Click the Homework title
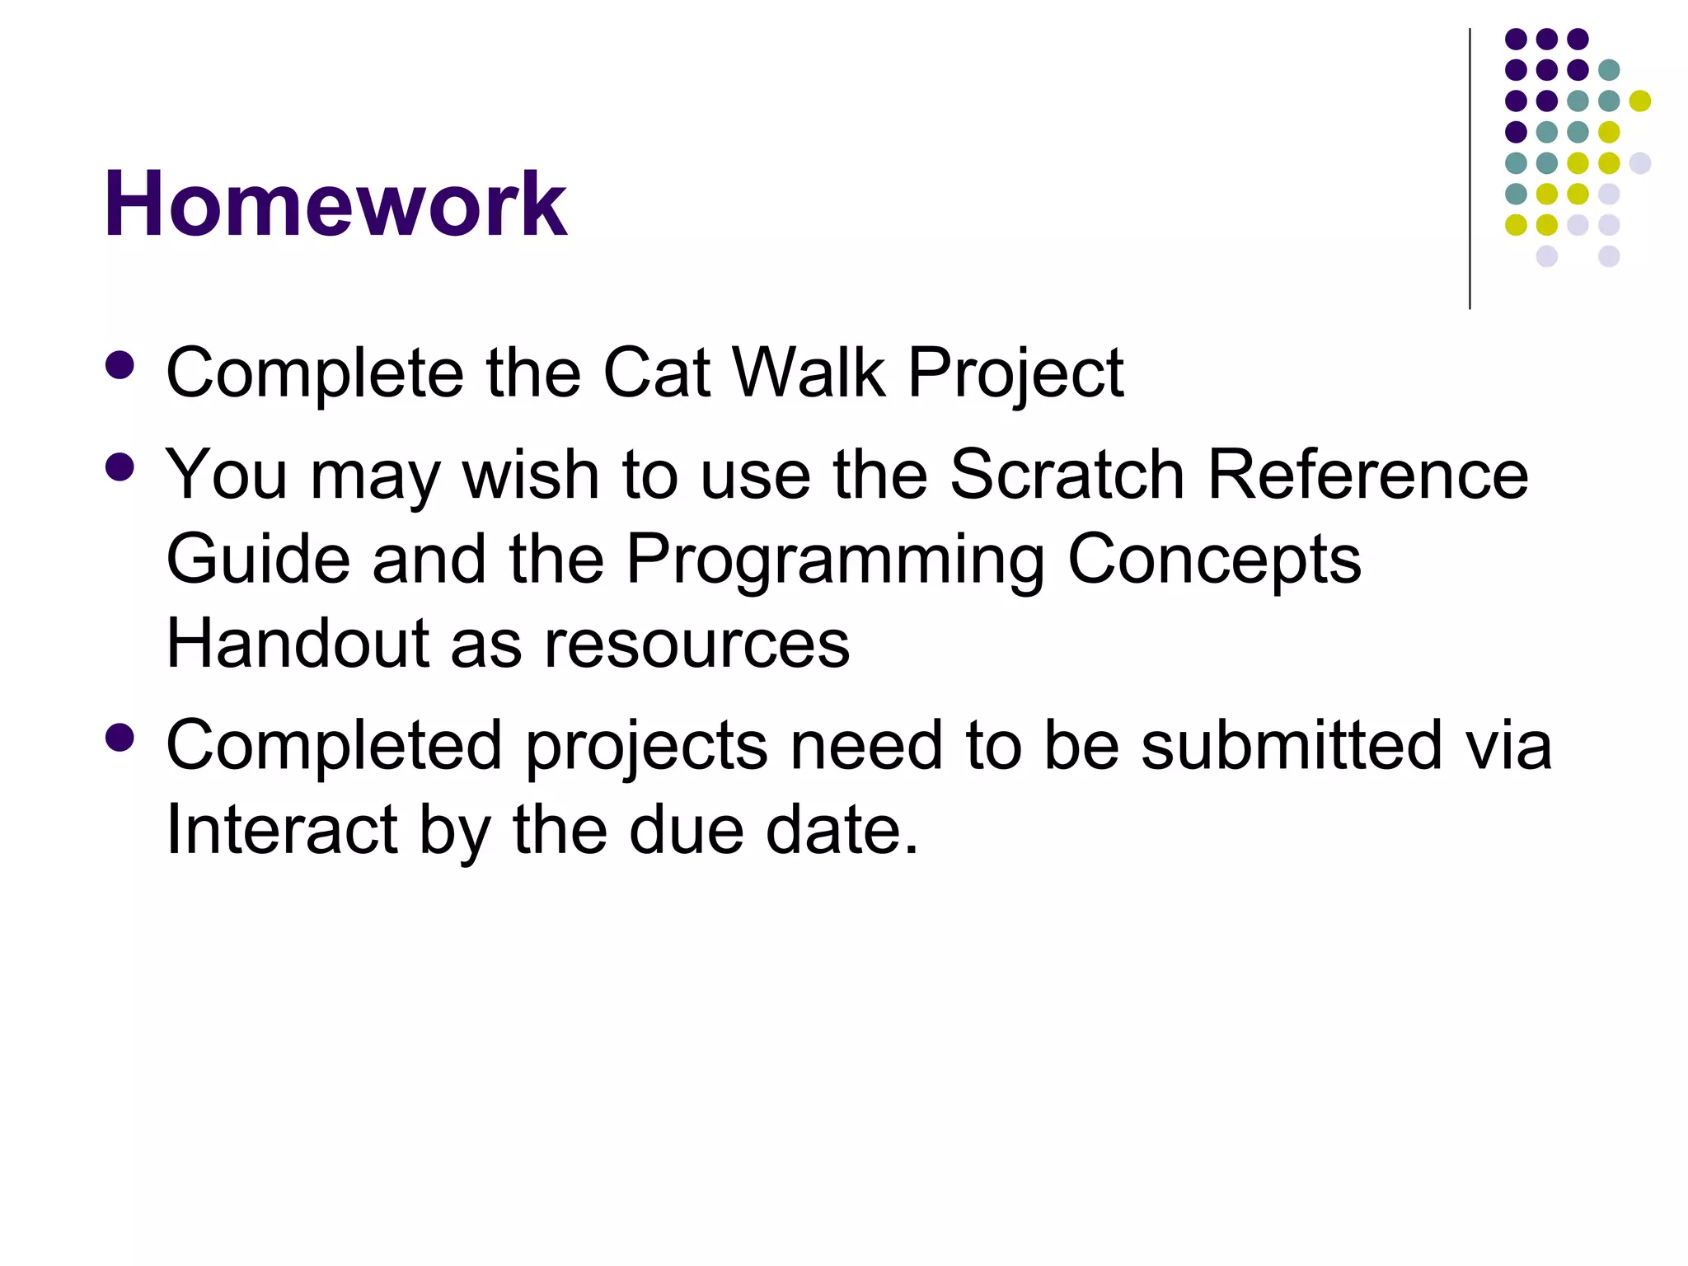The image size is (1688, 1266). (335, 204)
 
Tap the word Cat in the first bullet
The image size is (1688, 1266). (656, 373)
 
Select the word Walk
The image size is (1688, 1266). (809, 373)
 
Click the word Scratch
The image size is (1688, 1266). (1067, 475)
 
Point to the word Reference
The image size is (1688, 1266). (1368, 475)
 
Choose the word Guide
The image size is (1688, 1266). (258, 559)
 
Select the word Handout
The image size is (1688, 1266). (298, 644)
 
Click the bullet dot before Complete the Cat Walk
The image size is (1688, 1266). (120, 366)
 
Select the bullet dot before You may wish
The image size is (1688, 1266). (120, 468)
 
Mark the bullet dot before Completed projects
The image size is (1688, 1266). (120, 738)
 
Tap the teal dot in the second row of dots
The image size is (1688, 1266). (1609, 70)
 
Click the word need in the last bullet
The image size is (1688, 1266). (865, 745)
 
